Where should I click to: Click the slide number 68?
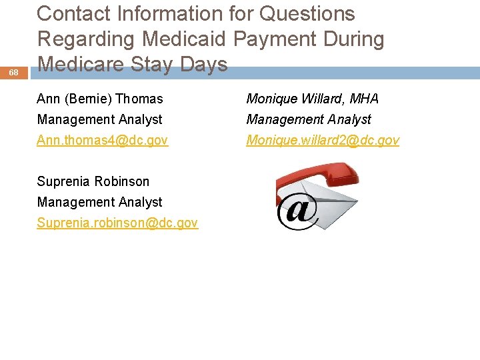click(13, 72)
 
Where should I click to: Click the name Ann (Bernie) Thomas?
click(100, 99)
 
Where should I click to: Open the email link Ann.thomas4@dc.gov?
click(103, 140)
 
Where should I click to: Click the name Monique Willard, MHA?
click(312, 99)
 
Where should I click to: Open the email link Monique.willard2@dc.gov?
click(323, 140)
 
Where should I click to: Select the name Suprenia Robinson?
click(93, 181)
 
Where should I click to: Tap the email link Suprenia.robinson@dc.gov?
click(117, 223)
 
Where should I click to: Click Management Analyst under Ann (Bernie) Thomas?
click(100, 119)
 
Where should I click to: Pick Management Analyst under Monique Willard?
click(309, 119)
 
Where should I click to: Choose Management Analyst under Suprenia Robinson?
click(100, 202)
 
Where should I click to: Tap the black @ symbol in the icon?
click(297, 211)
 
